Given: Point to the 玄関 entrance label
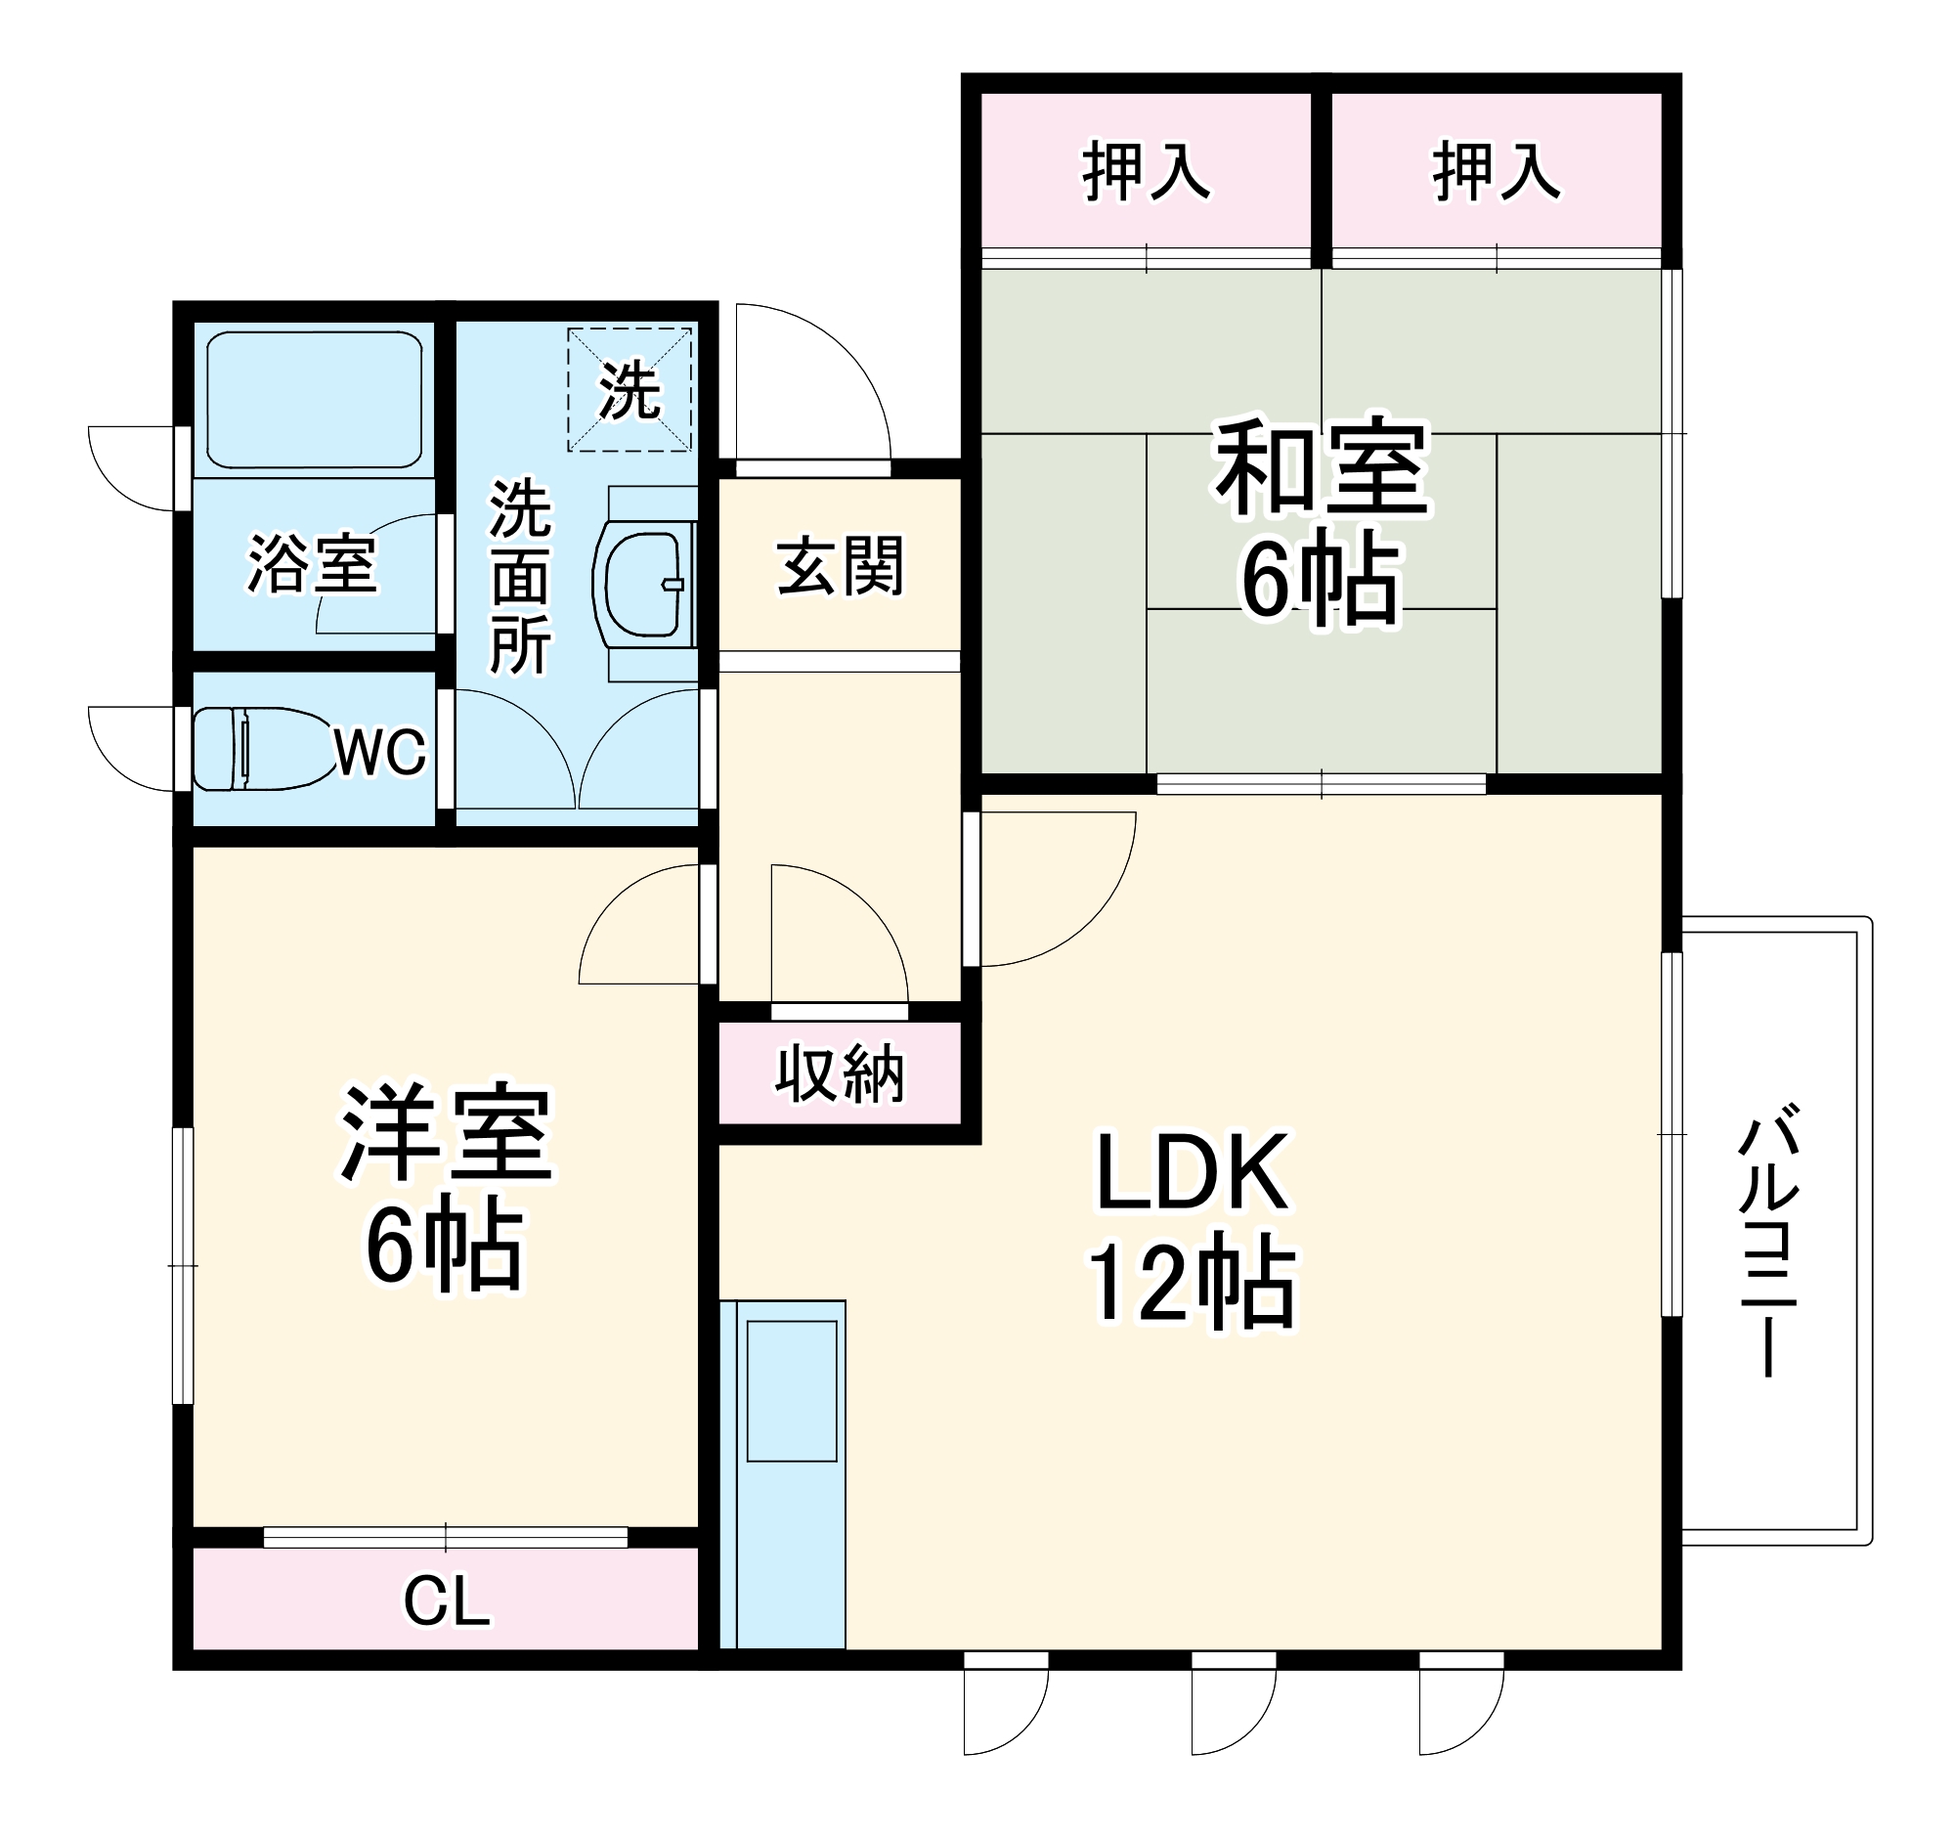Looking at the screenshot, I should coord(841,566).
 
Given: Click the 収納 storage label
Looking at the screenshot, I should coord(840,1074).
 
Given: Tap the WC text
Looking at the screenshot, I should coord(380,753).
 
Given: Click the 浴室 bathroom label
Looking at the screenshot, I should coord(313,564).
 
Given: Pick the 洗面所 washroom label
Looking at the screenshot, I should coord(520,578).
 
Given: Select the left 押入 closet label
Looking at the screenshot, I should coord(1146,172).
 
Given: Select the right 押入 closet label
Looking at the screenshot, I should coord(1496,172).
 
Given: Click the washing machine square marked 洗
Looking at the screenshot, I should coord(630,390).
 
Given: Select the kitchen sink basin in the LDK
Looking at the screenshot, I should coord(791,1391).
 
